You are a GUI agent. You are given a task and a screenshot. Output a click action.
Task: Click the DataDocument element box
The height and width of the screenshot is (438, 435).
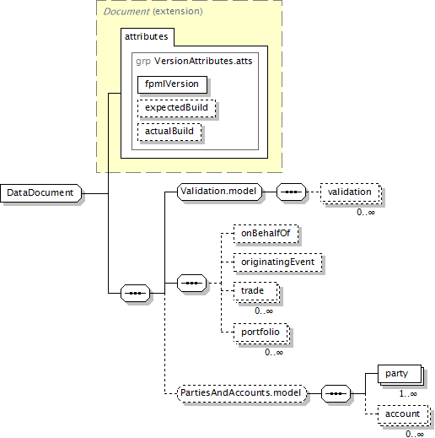41,193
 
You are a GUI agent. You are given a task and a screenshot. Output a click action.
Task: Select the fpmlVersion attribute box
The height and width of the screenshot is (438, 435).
172,84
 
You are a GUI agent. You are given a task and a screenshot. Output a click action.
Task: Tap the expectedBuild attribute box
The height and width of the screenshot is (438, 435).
177,108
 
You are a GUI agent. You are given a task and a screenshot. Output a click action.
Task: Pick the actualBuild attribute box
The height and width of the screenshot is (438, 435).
169,132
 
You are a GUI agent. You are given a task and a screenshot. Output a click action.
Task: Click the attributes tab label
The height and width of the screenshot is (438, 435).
147,36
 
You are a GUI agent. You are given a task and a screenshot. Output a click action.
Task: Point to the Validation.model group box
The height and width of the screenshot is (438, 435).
219,192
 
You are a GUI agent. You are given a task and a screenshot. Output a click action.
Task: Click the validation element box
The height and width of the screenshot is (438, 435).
350,192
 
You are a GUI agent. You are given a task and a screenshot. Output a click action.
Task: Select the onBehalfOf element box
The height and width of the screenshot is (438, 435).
266,234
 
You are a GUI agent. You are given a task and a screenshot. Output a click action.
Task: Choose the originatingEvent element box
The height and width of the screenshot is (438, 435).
278,262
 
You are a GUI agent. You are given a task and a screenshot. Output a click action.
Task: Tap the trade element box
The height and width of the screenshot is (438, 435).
255,291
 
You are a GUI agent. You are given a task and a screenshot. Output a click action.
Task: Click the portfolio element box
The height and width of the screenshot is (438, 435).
260,333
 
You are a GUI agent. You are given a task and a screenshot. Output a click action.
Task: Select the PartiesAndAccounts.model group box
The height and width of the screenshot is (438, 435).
242,393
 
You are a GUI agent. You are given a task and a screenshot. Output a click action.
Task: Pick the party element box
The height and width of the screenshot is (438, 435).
400,374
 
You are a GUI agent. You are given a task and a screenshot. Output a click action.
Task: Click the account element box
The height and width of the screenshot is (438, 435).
403,414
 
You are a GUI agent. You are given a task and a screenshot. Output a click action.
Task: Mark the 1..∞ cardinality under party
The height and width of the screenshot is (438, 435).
408,393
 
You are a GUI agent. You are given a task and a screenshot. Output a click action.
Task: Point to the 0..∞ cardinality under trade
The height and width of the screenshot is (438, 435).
264,311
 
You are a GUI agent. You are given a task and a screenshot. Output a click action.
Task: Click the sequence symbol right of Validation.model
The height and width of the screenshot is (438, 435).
291,192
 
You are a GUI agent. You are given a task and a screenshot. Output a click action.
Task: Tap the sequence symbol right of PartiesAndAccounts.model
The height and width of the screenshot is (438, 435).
336,393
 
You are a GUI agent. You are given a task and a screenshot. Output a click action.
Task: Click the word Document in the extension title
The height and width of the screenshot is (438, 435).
126,12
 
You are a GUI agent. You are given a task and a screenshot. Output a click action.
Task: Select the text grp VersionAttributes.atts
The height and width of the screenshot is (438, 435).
194,61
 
